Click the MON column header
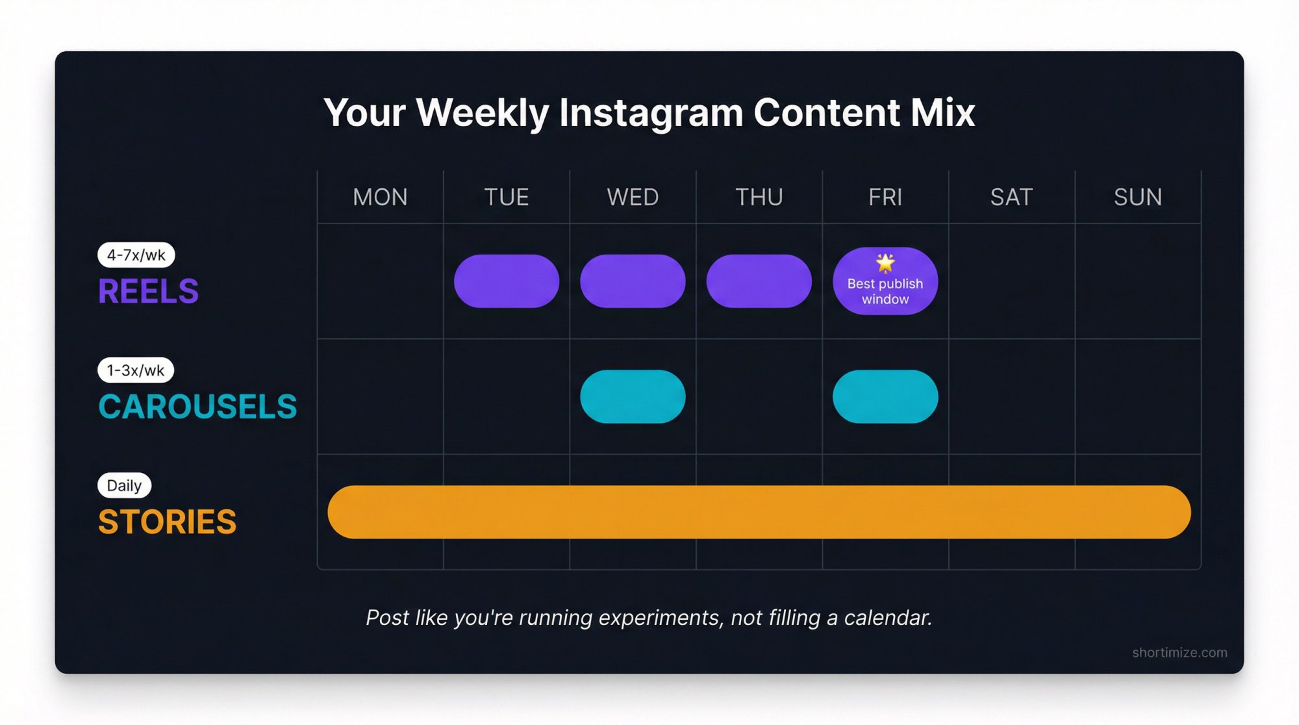coord(380,197)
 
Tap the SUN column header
coord(1137,197)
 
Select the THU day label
coord(759,197)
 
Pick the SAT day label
coord(1011,197)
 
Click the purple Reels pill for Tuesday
coord(506,281)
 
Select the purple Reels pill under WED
coord(633,281)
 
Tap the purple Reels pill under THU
coord(759,281)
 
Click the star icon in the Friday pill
coord(885,262)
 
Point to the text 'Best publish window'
coord(885,292)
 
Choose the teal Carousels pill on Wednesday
coord(633,396)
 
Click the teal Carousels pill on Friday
coord(885,396)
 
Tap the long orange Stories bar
coord(759,512)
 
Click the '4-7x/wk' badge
coord(136,255)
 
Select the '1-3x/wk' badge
coord(136,370)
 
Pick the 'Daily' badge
coord(124,485)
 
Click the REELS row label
coord(148,291)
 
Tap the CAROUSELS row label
coord(197,407)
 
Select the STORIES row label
coord(167,522)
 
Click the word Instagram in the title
coord(651,113)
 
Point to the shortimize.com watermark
coord(1179,652)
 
